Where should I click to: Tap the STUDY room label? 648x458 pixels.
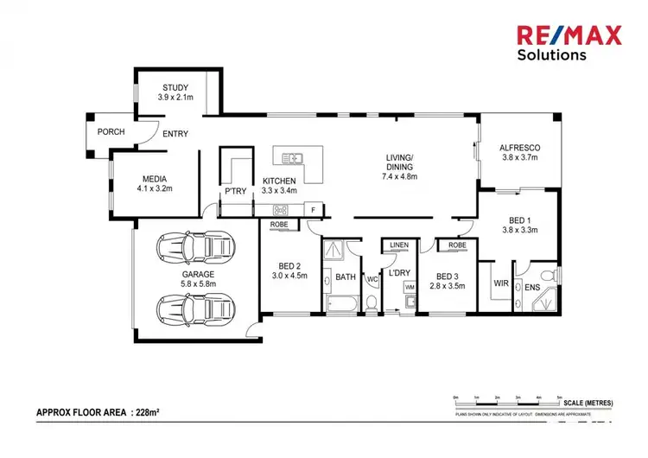(x=176, y=87)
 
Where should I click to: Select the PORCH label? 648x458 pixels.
(x=111, y=132)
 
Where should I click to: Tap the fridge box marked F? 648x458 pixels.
(x=316, y=209)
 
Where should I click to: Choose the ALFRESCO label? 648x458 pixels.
(x=519, y=148)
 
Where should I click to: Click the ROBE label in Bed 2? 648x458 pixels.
(x=279, y=225)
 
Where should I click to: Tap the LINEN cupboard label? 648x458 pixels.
(x=398, y=245)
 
